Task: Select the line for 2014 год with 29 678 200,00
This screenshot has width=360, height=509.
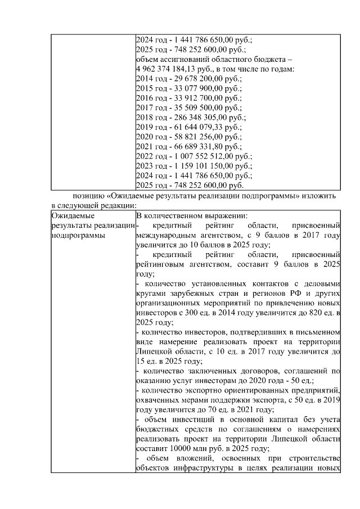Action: [x=188, y=79]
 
